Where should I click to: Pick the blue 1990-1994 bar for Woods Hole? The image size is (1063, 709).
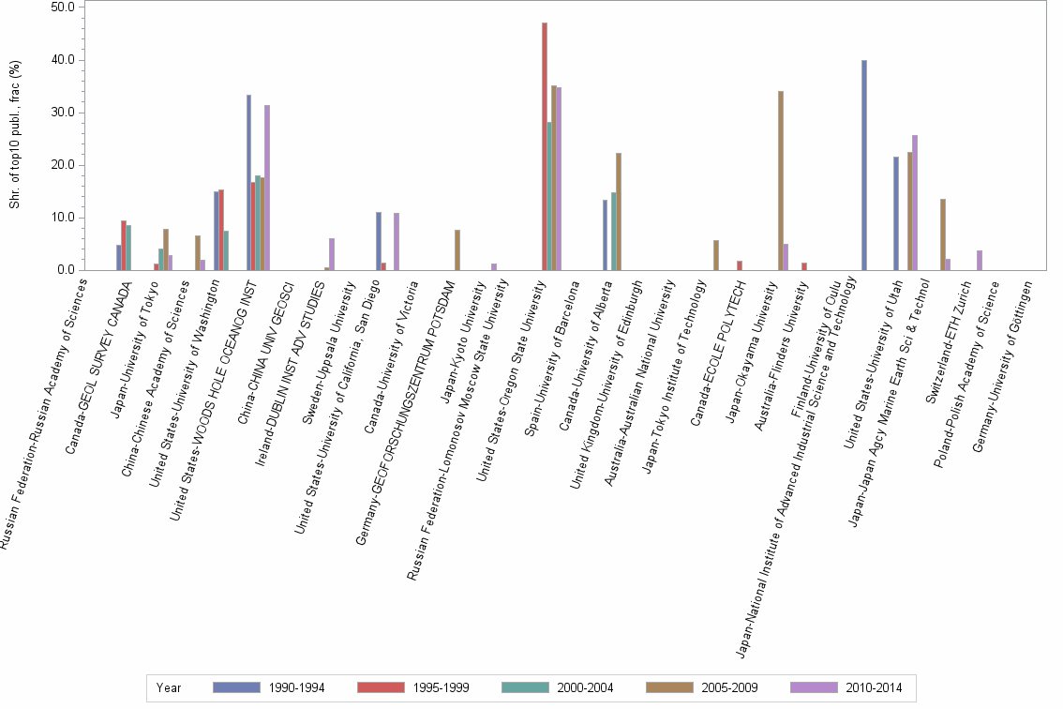(248, 183)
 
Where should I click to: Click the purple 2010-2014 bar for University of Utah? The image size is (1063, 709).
(915, 203)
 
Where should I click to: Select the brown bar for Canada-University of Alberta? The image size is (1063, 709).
(619, 212)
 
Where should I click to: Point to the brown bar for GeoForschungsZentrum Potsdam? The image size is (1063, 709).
(457, 250)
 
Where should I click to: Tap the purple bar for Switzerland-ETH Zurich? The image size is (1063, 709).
(980, 261)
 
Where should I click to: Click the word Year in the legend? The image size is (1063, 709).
(170, 687)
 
